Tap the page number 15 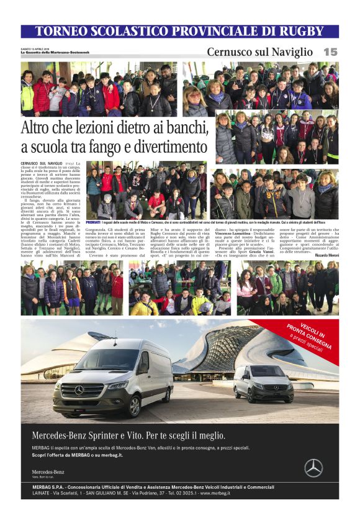(330, 52)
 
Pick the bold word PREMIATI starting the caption (94, 222)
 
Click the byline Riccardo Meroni (326, 255)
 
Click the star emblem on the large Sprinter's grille (79, 390)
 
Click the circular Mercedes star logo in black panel (313, 467)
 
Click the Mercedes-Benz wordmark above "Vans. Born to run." (48, 471)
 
